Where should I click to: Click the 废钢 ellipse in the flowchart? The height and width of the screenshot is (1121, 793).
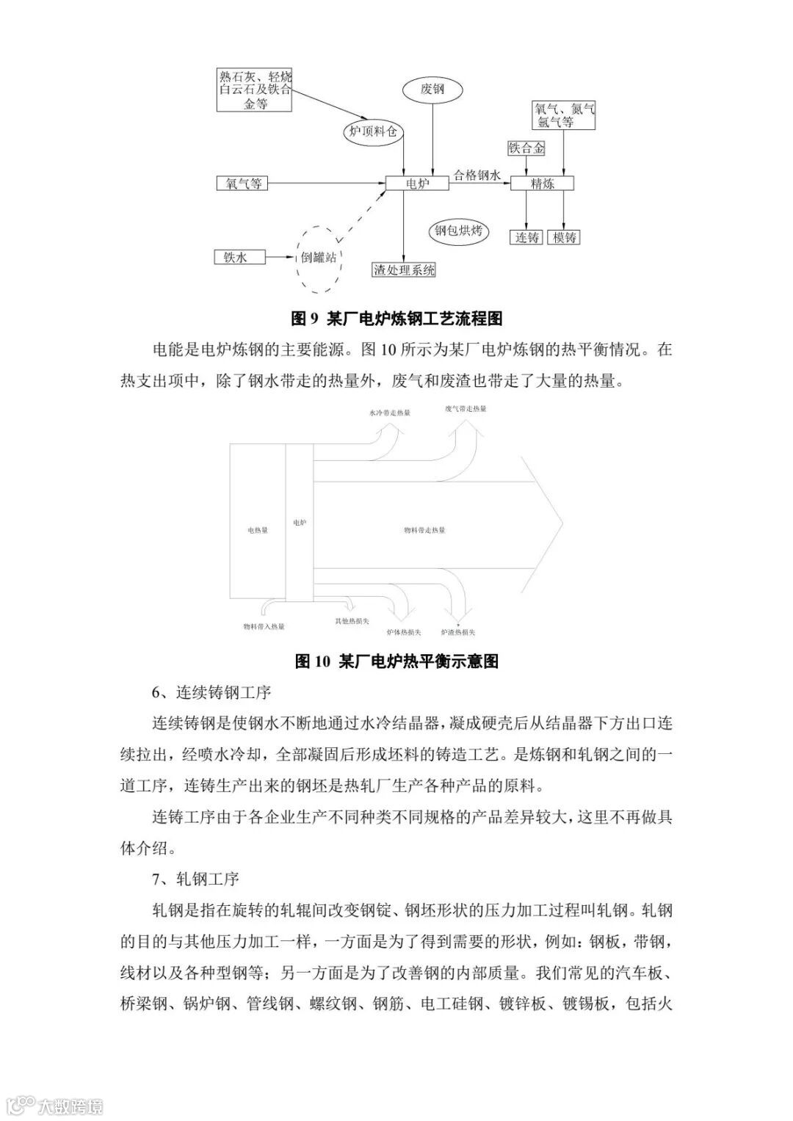coord(432,90)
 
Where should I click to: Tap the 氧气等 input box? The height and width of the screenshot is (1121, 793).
coord(239,183)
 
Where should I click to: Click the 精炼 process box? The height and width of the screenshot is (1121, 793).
coord(542,184)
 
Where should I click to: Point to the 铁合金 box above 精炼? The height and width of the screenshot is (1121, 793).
coord(526,148)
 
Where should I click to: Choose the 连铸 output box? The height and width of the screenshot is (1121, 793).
coord(526,237)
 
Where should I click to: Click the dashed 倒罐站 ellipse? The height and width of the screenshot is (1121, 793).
coord(319,258)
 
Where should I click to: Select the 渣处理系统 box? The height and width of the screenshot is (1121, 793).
coord(404,270)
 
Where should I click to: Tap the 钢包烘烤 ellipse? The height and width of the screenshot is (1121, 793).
coord(458,231)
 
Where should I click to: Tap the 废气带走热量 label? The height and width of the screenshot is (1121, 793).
coord(465,408)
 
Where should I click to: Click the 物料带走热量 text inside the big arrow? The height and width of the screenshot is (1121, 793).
coord(424,529)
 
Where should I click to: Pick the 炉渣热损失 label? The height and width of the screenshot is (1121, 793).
coord(458,632)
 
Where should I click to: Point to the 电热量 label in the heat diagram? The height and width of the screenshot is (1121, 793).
coord(257,530)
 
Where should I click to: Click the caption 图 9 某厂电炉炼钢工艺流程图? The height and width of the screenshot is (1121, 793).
coord(396,319)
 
